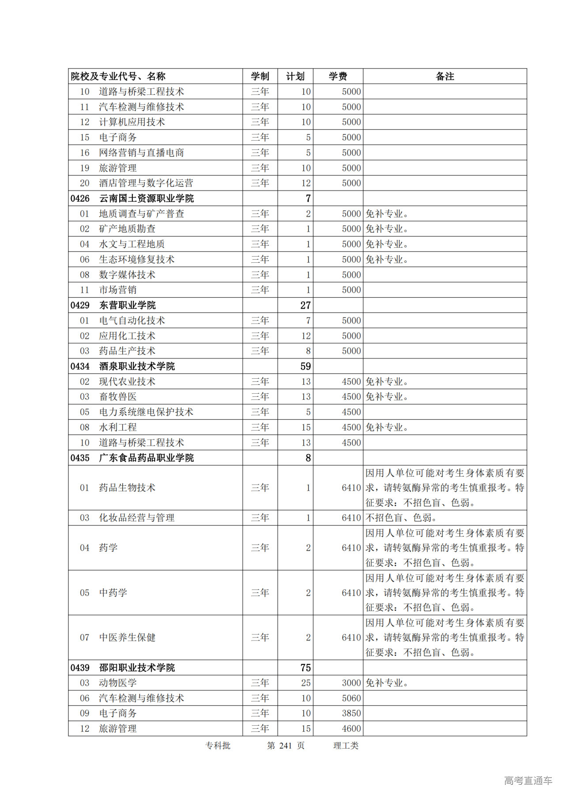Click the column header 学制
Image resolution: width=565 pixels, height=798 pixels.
pos(260,76)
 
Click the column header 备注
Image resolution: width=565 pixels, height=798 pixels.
pos(444,76)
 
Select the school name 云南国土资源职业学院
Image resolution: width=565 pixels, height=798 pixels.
pos(146,198)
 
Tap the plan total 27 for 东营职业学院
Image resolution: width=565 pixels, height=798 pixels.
pos(305,305)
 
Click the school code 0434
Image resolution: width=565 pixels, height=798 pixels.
pos(80,366)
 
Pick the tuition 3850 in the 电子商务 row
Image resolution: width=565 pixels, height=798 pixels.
pos(351,713)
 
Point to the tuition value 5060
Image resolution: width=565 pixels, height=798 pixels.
pos(351,698)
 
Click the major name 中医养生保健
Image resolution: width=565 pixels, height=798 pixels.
pos(127,637)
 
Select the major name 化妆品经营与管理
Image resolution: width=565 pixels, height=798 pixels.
pos(137,518)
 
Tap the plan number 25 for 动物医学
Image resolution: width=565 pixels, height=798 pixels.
pos(306,682)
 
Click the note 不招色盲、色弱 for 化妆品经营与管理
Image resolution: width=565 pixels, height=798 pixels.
pos(401,518)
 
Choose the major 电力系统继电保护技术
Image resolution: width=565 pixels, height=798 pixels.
pos(146,412)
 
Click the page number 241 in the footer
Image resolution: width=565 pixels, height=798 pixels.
pos(286,745)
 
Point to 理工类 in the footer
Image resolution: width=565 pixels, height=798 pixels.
pos(346,745)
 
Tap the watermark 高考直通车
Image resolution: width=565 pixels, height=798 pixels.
pos(528,780)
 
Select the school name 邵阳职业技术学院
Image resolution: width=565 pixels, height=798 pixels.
pos(137,667)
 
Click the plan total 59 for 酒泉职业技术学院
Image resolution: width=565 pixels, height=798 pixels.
pos(305,366)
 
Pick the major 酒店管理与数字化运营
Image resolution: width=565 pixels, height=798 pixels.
pos(146,183)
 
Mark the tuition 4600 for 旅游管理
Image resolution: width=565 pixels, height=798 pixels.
pos(351,728)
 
